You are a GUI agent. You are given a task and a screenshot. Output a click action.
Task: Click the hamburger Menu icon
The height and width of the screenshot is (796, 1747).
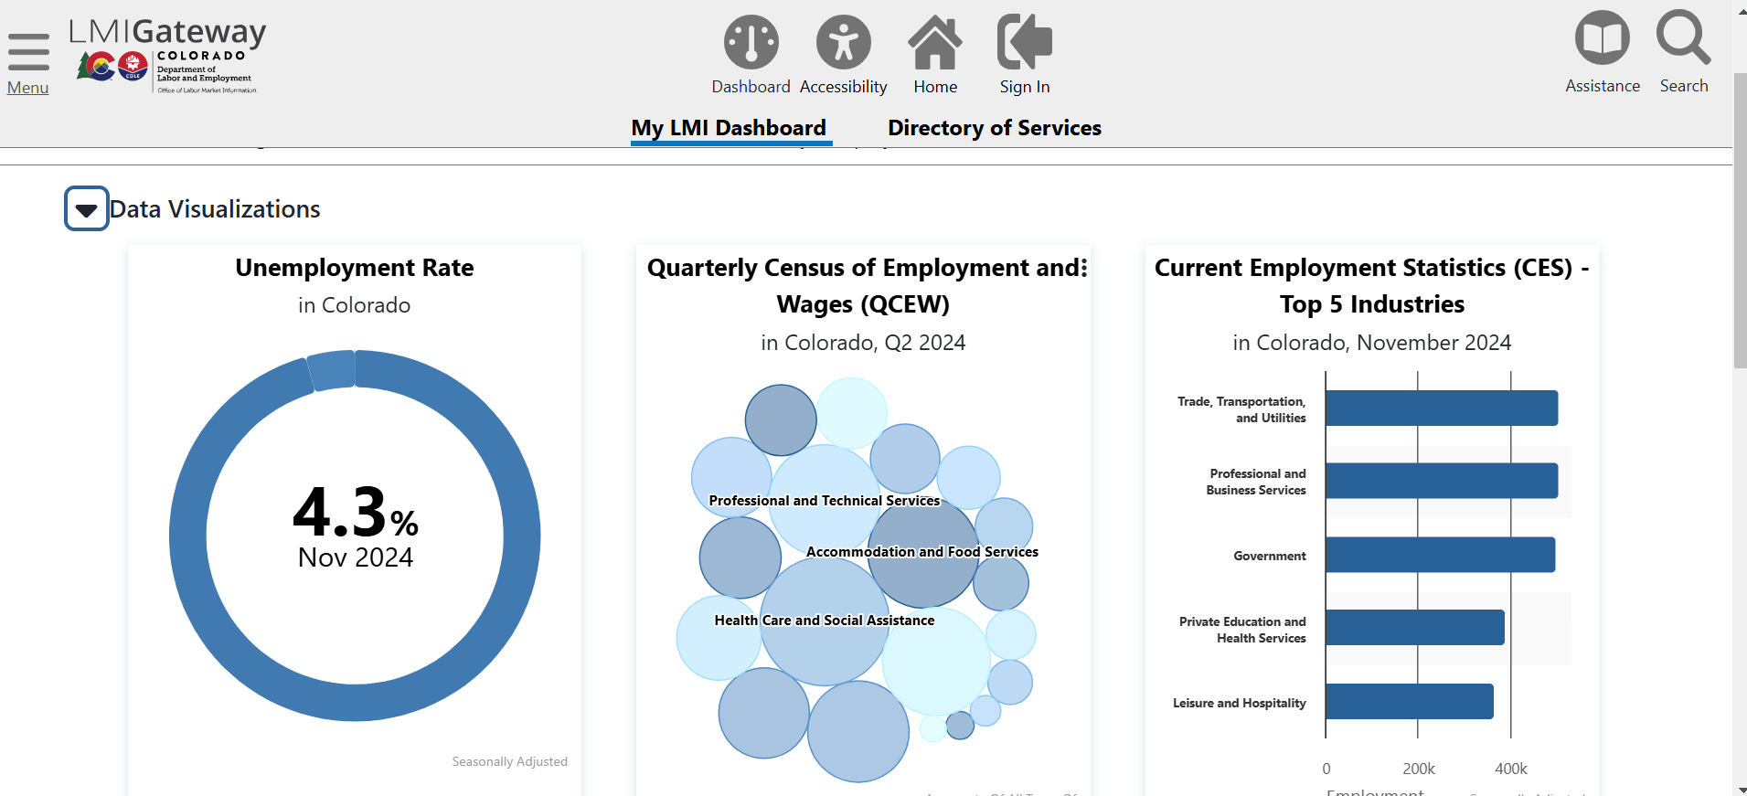(x=28, y=53)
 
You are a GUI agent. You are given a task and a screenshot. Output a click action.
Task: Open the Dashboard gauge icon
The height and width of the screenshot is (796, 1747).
(x=751, y=42)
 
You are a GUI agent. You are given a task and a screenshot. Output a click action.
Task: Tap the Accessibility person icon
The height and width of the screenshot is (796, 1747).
(x=843, y=42)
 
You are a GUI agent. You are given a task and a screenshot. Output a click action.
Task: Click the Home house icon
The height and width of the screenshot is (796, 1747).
(x=935, y=42)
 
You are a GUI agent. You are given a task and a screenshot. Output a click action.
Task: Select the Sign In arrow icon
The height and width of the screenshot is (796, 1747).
(x=1024, y=42)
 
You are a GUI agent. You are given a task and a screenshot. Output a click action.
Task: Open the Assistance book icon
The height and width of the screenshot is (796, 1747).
(x=1602, y=38)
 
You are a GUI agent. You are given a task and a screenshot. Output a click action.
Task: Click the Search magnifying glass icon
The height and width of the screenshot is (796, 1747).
(x=1683, y=38)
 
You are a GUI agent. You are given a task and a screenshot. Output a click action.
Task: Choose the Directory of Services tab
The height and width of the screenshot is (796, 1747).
(x=995, y=128)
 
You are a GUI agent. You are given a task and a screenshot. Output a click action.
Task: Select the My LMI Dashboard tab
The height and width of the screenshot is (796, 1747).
(x=729, y=128)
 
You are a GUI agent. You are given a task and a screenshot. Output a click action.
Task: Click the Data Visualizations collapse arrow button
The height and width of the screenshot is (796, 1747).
(x=87, y=209)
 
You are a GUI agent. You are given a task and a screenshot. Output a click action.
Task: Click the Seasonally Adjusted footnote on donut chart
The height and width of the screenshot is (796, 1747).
(x=509, y=761)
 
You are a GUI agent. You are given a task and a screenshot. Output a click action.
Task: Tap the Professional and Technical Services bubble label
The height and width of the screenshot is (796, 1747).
(x=824, y=501)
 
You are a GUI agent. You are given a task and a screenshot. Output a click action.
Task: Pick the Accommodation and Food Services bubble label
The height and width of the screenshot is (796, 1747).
(x=921, y=552)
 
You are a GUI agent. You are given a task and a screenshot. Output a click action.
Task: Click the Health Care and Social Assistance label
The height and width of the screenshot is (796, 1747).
(x=824, y=621)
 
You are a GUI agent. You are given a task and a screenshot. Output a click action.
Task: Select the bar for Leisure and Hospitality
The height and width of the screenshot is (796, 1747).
(x=1409, y=702)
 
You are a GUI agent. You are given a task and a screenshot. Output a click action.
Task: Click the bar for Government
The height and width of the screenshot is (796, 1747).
(x=1440, y=555)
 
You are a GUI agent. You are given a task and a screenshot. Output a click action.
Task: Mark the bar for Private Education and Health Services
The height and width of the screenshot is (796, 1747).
(x=1414, y=628)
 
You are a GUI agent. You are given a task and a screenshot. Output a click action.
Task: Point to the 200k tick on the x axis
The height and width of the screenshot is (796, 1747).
(x=1418, y=769)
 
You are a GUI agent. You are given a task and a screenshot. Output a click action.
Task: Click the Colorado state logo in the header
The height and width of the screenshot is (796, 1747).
(x=114, y=66)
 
